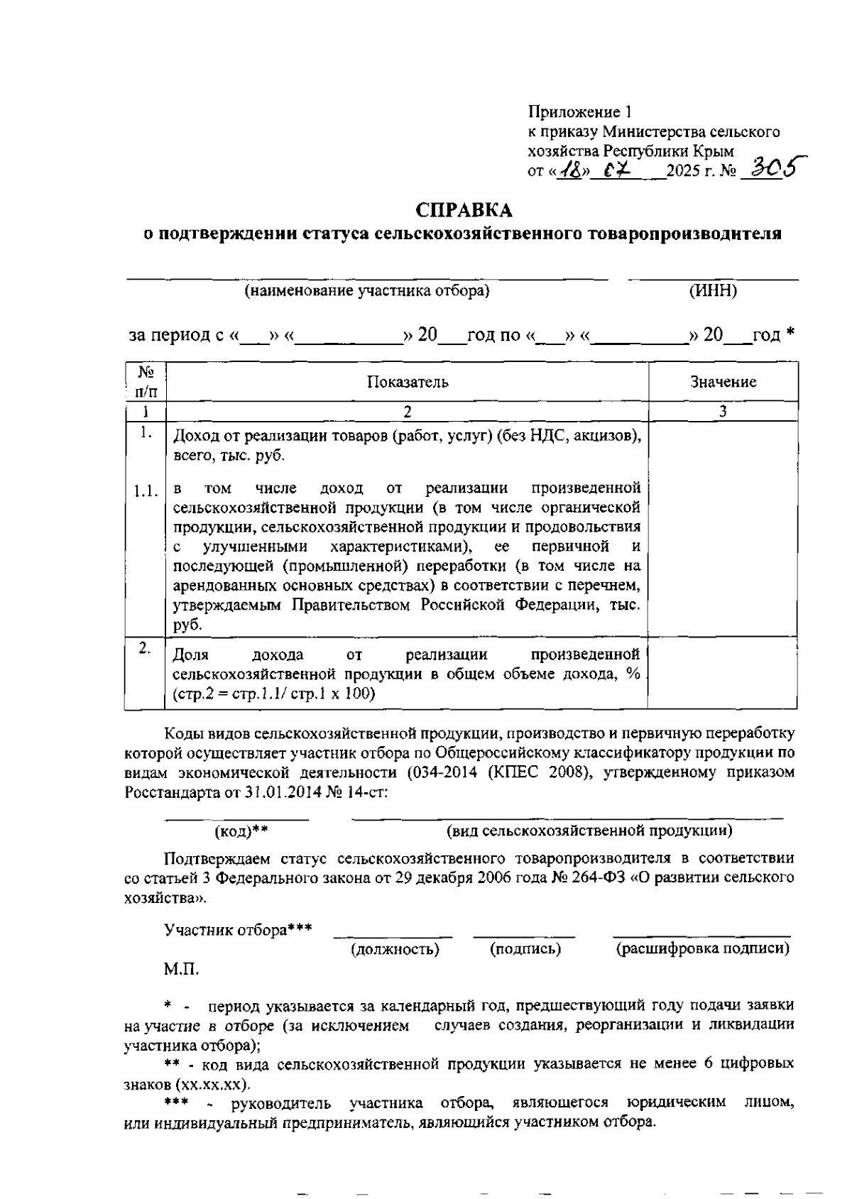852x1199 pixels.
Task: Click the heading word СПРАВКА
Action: (x=464, y=211)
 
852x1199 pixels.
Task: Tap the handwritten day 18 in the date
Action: (x=568, y=170)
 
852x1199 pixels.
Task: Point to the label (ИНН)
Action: (x=713, y=291)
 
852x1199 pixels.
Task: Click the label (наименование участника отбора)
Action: (x=367, y=291)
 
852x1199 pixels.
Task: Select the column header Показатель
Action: (x=408, y=382)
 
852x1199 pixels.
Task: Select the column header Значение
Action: (x=723, y=382)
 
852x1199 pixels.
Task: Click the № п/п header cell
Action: (x=146, y=381)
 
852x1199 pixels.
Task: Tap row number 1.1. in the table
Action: (x=146, y=491)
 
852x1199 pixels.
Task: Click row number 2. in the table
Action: (x=145, y=647)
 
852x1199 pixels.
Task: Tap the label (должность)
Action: (x=395, y=949)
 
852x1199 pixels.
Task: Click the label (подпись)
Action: (x=525, y=949)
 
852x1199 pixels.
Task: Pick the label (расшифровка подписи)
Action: (x=702, y=949)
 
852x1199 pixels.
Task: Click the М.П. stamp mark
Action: (x=182, y=969)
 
